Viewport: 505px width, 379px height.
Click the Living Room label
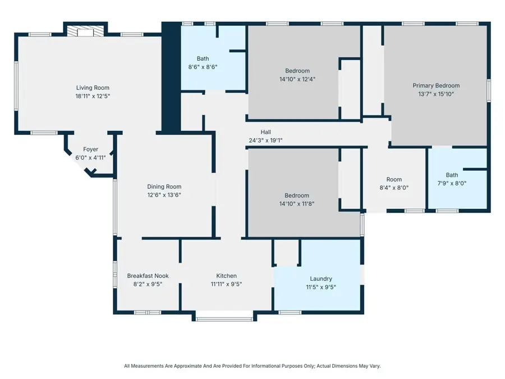93,88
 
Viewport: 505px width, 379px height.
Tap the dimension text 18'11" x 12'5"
93,96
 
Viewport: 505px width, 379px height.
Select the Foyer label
91,149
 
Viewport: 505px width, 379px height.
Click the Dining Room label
164,187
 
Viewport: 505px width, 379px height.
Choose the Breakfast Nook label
148,276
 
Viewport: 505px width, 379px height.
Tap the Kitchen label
226,276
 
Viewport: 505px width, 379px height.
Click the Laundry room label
321,278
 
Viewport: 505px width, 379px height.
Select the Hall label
266,132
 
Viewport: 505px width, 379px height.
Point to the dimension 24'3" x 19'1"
266,140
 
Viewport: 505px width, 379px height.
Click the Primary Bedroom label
436,85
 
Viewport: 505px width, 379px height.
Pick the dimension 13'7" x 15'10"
436,94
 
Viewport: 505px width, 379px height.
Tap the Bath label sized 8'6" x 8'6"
203,58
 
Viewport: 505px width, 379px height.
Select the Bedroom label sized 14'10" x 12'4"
297,71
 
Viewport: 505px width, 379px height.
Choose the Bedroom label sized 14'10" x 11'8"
297,195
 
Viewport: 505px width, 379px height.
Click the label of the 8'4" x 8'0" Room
394,180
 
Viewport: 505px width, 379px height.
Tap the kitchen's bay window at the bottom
224,319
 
